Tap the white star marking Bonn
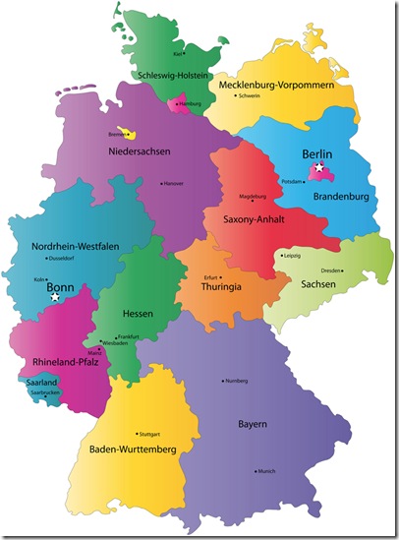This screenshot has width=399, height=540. click(56, 296)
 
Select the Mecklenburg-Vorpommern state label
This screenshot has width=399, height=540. click(283, 86)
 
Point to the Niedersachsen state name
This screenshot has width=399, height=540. click(139, 150)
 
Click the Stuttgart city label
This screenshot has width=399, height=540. click(149, 434)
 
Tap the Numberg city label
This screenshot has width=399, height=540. click(237, 381)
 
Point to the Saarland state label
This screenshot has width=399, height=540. click(41, 382)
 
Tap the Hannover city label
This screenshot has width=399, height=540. click(173, 183)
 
